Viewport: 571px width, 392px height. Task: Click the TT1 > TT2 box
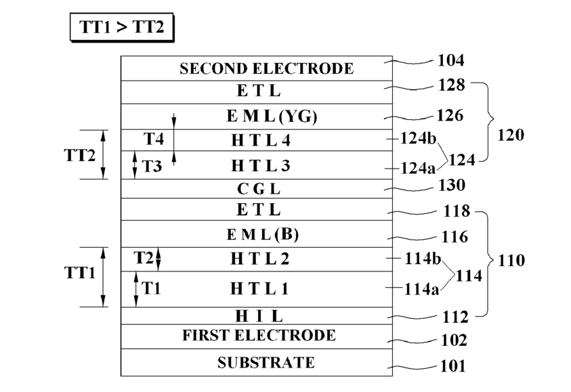[x=122, y=29]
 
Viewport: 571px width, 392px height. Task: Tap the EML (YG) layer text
[x=263, y=116]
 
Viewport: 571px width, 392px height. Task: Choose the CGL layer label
[x=259, y=189]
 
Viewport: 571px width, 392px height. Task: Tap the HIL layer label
[x=259, y=315]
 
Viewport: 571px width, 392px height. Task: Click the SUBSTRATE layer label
[x=266, y=363]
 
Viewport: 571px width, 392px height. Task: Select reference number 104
[x=451, y=61]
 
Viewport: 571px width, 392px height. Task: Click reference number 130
[x=451, y=185]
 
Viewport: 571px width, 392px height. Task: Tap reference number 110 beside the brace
[x=511, y=260]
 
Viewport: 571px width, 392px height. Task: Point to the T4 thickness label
[x=153, y=139]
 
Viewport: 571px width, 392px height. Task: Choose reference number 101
[x=452, y=367]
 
